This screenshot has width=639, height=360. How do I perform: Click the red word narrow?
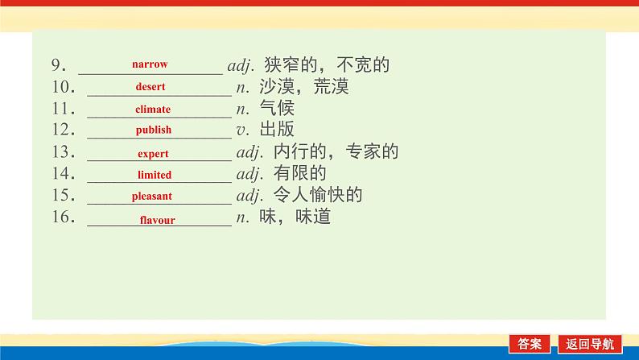click(150, 64)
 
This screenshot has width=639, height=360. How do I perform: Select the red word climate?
click(153, 109)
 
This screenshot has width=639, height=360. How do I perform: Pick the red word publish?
click(154, 130)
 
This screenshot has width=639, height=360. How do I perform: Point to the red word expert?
click(153, 153)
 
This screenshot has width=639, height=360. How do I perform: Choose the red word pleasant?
click(152, 196)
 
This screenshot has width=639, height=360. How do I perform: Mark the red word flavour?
click(157, 219)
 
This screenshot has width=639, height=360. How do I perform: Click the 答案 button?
click(530, 343)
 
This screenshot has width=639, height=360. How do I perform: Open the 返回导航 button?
click(589, 343)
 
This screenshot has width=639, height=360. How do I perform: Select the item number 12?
click(64, 130)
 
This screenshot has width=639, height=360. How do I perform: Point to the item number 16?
click(64, 217)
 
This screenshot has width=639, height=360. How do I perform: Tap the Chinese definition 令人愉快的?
click(319, 196)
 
